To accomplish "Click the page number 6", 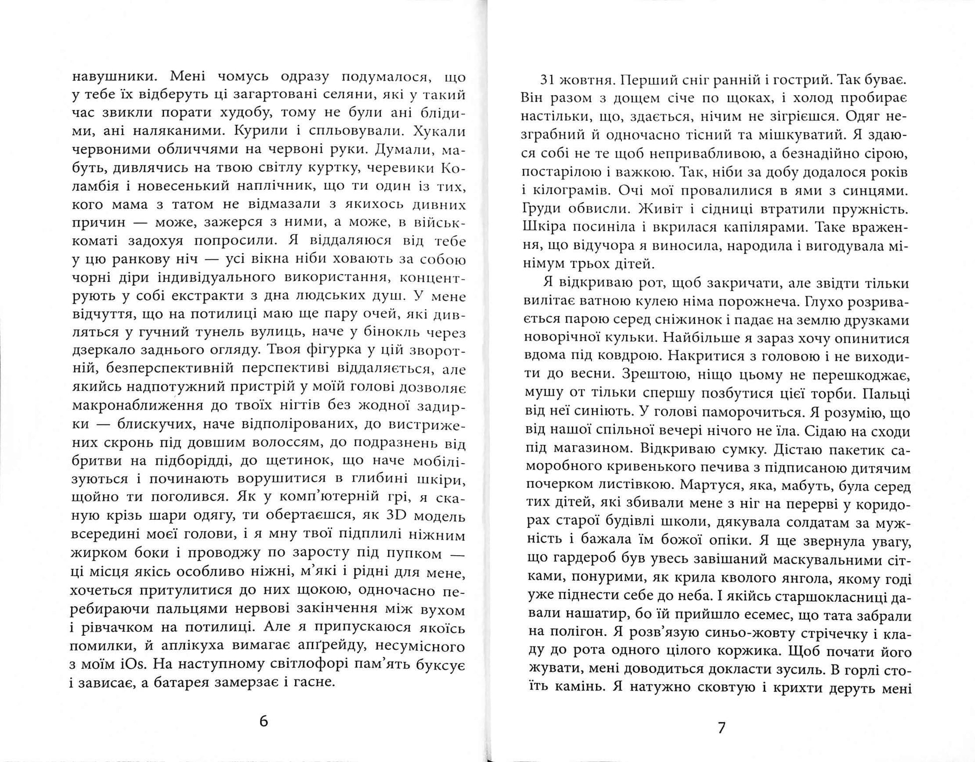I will click(x=264, y=721).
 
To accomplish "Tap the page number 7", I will click(x=721, y=727).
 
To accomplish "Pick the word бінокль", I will click(x=385, y=332).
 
